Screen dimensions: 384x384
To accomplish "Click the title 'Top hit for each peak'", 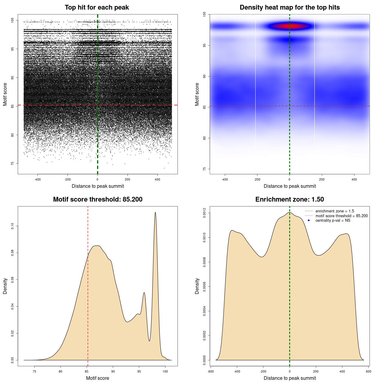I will (x=97, y=7).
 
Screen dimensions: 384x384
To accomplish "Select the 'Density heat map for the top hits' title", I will (x=289, y=7).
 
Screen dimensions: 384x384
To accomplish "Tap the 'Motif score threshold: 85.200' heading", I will (x=97, y=199).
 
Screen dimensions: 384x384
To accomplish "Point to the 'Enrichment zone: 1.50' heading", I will (x=289, y=199).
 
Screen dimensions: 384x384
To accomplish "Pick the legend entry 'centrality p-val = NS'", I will (x=333, y=220).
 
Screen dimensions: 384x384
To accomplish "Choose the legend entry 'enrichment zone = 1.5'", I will (x=334, y=211).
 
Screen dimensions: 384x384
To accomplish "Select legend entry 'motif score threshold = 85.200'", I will (x=341, y=216).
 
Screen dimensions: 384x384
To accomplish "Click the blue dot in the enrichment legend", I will (x=309, y=220).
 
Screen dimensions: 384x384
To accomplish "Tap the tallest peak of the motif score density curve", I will (x=155, y=213).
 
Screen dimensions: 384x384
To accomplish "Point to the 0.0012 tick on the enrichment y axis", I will (x=205, y=213).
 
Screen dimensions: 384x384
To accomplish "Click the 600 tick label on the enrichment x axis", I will (x=369, y=371).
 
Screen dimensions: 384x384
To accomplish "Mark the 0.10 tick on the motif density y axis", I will (x=13, y=226).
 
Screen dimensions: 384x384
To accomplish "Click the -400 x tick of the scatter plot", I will (x=37, y=179).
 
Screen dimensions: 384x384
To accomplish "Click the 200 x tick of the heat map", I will (x=322, y=179).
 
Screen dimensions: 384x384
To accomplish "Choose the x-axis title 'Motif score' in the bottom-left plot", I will (x=97, y=378).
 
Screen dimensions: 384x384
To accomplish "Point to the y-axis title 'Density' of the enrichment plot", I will (x=197, y=286).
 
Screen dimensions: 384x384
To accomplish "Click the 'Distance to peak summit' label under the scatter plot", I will (x=98, y=186).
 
